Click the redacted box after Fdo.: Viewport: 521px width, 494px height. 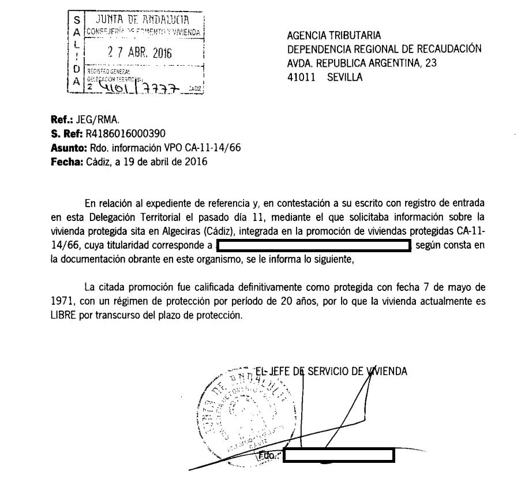(x=339, y=455)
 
